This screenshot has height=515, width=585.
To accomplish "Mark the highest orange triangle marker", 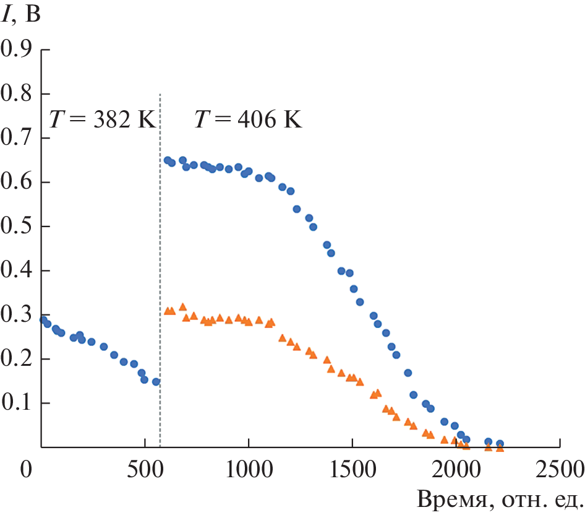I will tap(182, 307).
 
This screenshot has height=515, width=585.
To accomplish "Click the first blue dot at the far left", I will tap(43, 319).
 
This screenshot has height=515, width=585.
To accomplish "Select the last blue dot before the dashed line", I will tap(156, 382).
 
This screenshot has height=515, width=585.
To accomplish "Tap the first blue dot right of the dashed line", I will tap(167, 160).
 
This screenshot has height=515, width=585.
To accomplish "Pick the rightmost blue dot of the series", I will tap(500, 444).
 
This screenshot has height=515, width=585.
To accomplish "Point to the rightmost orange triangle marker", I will tap(500, 448).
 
